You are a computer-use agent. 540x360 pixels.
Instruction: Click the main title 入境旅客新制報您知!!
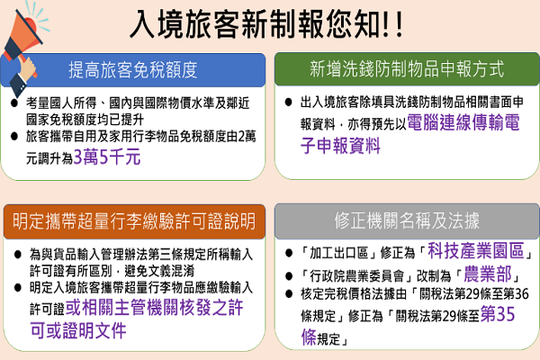[266, 24]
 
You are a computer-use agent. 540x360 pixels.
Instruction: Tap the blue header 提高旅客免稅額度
[133, 70]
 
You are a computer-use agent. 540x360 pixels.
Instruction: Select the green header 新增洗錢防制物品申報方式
[407, 68]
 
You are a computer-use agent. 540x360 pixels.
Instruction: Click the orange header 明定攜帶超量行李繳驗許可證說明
[134, 221]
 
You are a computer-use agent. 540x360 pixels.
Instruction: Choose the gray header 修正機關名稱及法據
[407, 220]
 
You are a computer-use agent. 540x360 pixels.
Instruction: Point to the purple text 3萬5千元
[107, 157]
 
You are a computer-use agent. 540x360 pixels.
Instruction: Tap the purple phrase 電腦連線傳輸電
[463, 122]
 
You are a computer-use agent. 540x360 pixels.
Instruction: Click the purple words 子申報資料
[340, 146]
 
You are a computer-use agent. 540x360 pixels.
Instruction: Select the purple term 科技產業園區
[476, 250]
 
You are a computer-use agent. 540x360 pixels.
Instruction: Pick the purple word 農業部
[487, 274]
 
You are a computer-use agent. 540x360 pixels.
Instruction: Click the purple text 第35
[498, 314]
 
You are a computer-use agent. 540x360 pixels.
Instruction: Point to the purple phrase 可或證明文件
[78, 330]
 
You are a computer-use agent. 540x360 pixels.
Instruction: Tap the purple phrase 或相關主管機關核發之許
[154, 307]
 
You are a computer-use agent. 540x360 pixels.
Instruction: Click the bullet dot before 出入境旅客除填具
[288, 103]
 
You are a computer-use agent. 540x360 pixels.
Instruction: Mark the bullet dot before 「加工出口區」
[289, 253]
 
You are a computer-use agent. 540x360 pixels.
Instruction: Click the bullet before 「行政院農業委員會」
[289, 276]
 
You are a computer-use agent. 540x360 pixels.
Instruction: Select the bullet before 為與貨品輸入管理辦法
[18, 255]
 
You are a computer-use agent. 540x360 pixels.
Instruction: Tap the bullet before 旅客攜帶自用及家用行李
[14, 137]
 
